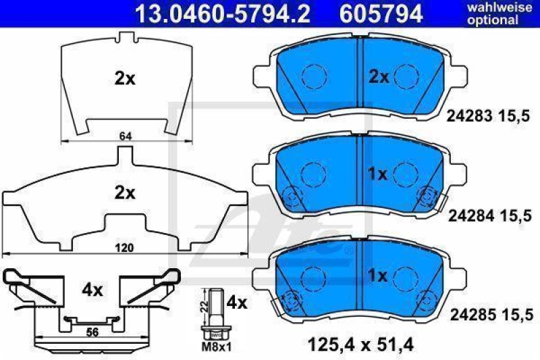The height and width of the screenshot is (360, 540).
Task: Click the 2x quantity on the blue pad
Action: coord(378,77)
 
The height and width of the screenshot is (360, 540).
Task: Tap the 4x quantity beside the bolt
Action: coord(238,302)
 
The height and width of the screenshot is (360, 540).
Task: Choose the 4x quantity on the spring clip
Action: coord(92,290)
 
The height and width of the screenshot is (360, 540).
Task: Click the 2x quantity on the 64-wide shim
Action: coord(125,78)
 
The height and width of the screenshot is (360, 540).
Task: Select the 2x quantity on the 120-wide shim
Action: coord(125,192)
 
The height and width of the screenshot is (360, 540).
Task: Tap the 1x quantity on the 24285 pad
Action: coord(378,275)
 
